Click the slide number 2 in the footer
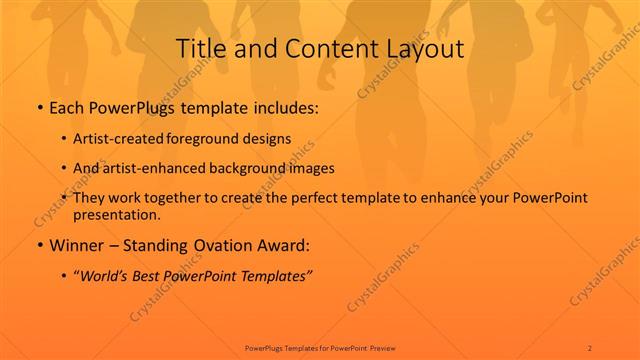click(x=590, y=347)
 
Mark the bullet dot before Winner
click(x=38, y=245)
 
